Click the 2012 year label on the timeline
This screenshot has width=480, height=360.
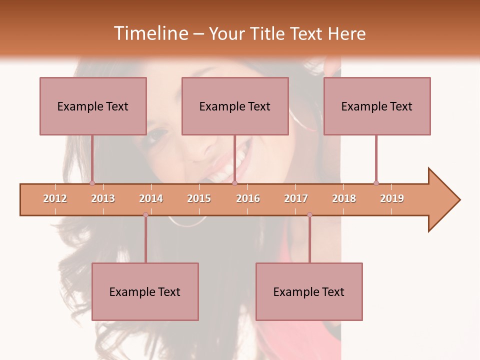[x=55, y=198]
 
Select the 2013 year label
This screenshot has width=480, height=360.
[x=103, y=198]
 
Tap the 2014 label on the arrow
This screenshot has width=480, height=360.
[x=151, y=198]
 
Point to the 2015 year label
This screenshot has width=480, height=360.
[x=199, y=198]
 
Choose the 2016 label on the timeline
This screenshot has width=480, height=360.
[x=248, y=198]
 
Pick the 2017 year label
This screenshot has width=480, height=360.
[x=296, y=198]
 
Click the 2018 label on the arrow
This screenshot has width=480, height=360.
[x=344, y=198]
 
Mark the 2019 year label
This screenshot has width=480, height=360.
[x=392, y=198]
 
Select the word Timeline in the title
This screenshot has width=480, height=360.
[x=150, y=33]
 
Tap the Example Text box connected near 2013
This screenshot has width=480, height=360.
[x=93, y=106]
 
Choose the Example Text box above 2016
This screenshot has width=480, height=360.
[x=235, y=106]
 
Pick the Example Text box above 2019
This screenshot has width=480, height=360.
[x=377, y=106]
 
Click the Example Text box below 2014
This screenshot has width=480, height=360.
[x=145, y=291]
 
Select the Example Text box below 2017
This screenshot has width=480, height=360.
[x=309, y=291]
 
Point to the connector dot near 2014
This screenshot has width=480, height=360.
[x=145, y=214]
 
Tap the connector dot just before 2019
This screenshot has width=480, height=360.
[x=376, y=183]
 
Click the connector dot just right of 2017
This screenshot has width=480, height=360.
[x=309, y=214]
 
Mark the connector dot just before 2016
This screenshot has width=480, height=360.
[x=234, y=183]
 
